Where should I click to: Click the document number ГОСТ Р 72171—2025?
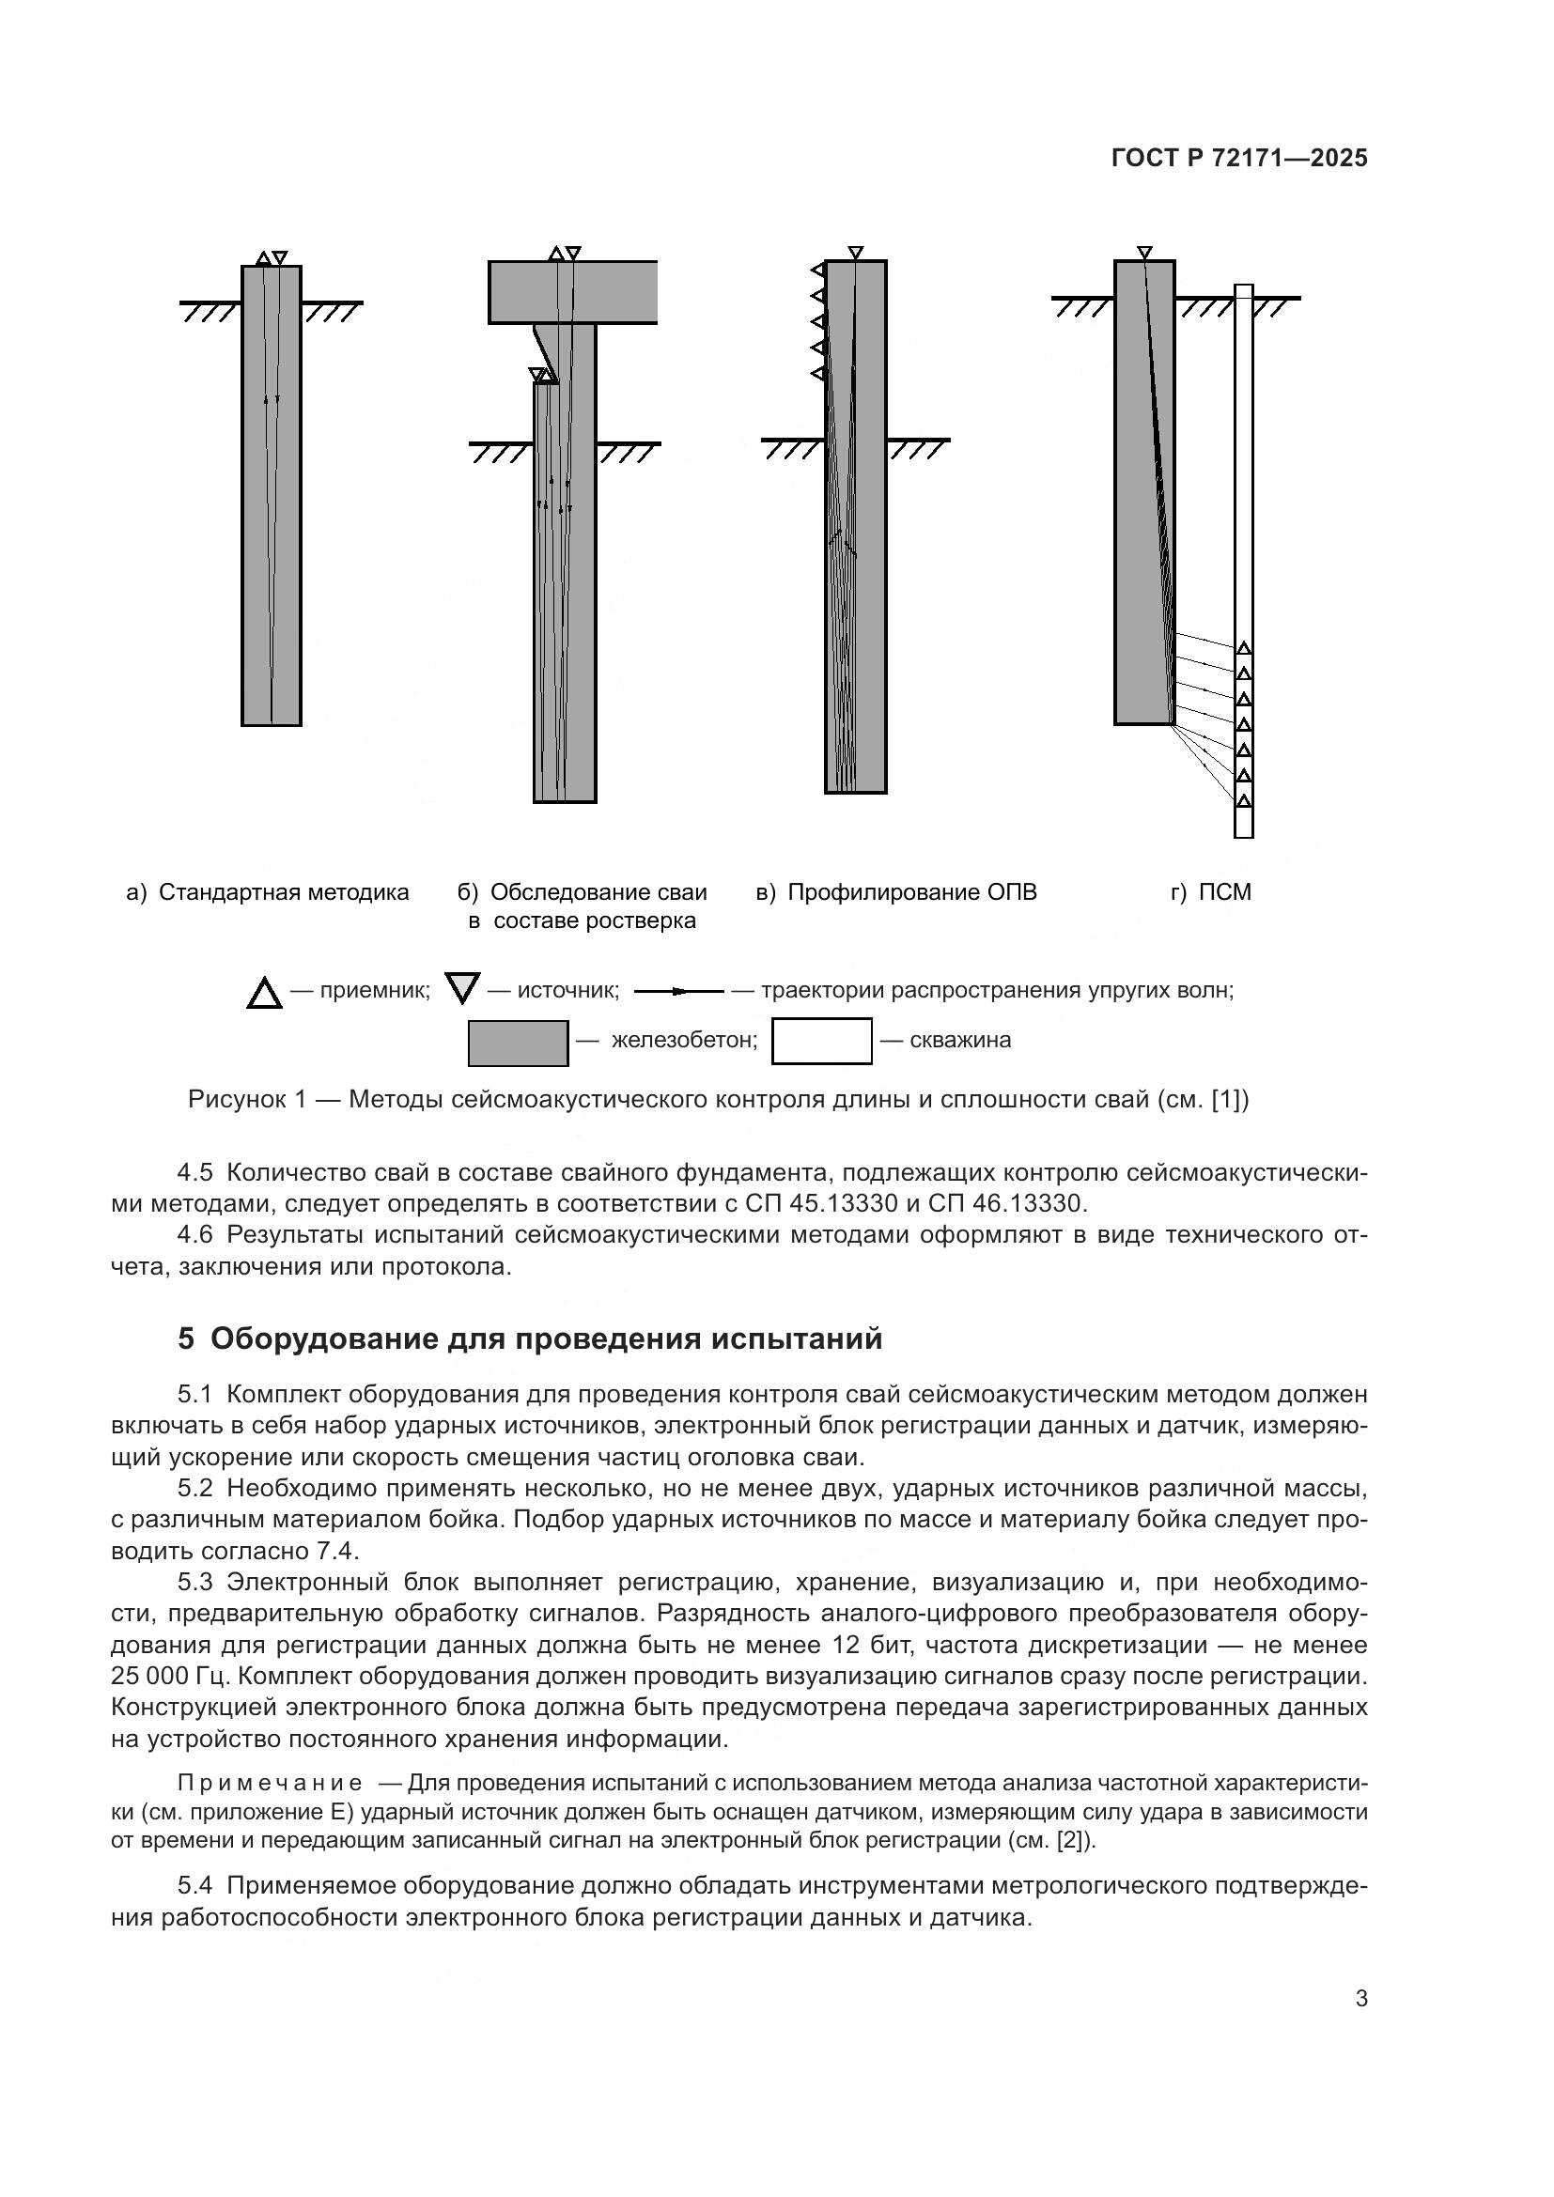pos(1239,159)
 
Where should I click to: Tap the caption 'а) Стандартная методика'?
pos(267,892)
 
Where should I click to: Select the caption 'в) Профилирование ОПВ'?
pos(895,892)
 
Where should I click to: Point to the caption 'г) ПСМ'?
pos(1210,892)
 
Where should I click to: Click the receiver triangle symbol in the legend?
pos(264,994)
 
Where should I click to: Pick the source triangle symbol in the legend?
pos(462,987)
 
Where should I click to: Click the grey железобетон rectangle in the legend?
pos(518,1043)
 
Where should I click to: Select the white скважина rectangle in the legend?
pos(821,1041)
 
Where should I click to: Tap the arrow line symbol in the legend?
pos(678,991)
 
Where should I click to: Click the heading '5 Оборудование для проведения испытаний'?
pos(529,1338)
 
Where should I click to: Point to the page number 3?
pos(1360,1999)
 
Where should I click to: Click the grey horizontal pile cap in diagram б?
pos(572,292)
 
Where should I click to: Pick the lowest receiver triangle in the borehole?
pos(1244,800)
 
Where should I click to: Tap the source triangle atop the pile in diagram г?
pos(1144,253)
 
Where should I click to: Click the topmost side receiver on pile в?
pos(818,270)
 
